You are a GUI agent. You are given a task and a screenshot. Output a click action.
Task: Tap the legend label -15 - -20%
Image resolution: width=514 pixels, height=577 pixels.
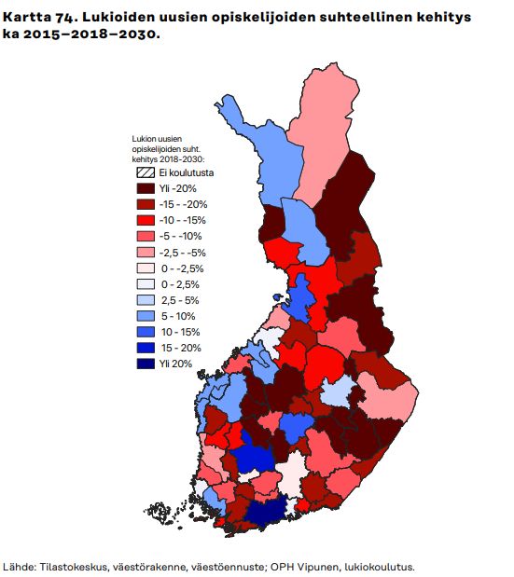pos(184,204)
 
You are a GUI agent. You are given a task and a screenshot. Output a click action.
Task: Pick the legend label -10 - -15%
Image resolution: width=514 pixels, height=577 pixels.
pos(184,220)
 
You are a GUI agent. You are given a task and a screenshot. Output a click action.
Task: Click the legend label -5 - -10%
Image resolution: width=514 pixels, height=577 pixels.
pos(181,236)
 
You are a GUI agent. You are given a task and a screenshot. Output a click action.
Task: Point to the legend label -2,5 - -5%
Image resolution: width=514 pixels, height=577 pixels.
pos(184,252)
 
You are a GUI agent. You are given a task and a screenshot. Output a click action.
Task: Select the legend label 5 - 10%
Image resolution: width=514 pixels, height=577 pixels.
pos(176,316)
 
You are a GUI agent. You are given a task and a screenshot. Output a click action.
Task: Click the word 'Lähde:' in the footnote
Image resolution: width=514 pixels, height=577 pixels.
pos(20,566)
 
